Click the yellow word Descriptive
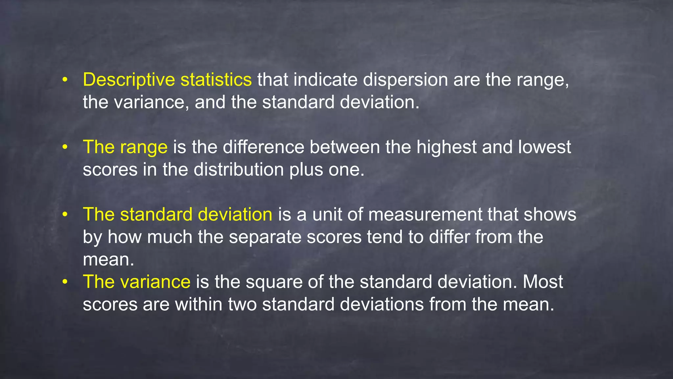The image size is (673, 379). coord(128,80)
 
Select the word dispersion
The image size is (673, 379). coord(405,80)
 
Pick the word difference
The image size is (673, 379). coord(264,147)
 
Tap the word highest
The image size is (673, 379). coord(446,147)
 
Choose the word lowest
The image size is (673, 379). coord(545,147)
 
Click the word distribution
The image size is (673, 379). coord(239,170)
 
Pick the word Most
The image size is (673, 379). coord(543,282)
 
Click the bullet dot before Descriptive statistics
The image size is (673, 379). coord(65,80)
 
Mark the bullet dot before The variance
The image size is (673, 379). coord(65,282)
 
